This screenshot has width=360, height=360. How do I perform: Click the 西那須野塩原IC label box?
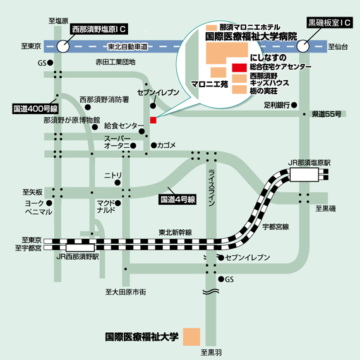[x=99, y=29]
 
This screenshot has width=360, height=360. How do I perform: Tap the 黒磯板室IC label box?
[x=330, y=22]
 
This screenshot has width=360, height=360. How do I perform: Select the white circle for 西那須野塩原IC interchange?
[x=63, y=46]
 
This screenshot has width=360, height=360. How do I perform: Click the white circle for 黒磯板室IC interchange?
[x=303, y=46]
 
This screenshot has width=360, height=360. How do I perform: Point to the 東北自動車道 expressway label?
[x=128, y=47]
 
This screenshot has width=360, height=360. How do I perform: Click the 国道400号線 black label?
[x=35, y=109]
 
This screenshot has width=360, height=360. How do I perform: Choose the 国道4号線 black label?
[x=177, y=200]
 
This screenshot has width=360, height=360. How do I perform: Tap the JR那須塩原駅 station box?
[x=304, y=174]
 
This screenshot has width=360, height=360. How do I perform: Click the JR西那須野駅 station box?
[x=80, y=248]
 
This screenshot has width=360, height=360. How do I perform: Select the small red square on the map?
[x=153, y=120]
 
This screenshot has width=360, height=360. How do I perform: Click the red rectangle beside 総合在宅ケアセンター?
[x=239, y=68]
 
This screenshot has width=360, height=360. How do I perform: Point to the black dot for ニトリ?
[x=117, y=183]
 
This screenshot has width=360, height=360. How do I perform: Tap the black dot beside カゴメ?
[x=153, y=145]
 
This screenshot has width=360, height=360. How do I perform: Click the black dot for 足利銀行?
[x=294, y=105]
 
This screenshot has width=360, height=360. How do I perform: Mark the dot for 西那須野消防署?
[x=88, y=107]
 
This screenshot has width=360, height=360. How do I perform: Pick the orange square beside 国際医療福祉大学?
[x=191, y=337]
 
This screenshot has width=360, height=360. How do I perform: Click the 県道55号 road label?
[x=327, y=114]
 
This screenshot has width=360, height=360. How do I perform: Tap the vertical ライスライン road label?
[x=212, y=188]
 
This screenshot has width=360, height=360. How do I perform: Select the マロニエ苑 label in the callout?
[x=210, y=84]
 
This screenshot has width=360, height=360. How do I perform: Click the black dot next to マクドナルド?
[x=118, y=203]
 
